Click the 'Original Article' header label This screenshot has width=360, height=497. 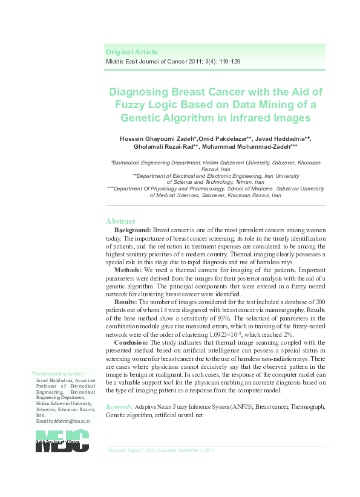click(131, 52)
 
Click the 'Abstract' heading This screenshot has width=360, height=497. click(120, 221)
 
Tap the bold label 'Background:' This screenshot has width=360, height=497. click(133, 230)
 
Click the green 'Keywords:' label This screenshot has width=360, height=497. click(120, 408)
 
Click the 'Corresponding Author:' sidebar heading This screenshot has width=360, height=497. click(58, 374)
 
